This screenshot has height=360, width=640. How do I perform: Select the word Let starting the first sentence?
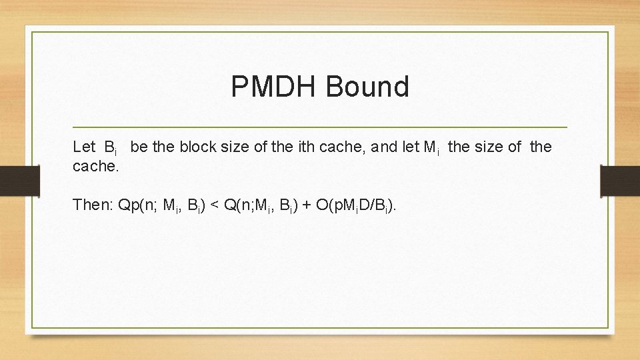pyautogui.click(x=84, y=147)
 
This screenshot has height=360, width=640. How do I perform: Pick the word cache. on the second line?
pyautogui.click(x=96, y=166)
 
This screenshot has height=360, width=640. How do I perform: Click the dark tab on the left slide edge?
pyautogui.click(x=12, y=181)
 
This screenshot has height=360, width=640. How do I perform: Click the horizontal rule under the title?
pyautogui.click(x=319, y=127)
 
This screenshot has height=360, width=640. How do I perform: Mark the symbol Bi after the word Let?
pyautogui.click(x=111, y=147)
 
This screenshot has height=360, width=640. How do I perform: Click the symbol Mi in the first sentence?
pyautogui.click(x=431, y=147)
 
